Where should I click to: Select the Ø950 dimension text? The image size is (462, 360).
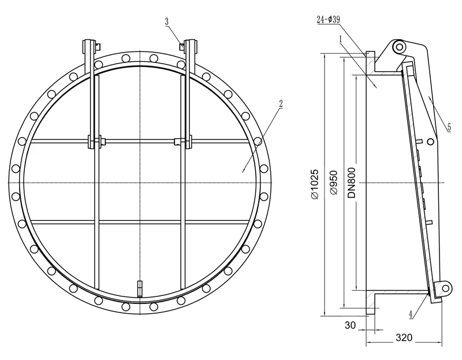click(x=333, y=184)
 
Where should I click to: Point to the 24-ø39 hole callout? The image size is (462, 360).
click(x=328, y=19)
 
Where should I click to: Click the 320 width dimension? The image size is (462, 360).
click(x=404, y=337)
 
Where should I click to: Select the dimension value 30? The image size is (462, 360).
click(x=350, y=325)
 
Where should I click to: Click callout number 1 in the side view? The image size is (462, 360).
click(x=341, y=38)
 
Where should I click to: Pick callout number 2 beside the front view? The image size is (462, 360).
click(x=281, y=104)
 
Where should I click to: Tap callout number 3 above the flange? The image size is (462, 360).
click(x=167, y=21)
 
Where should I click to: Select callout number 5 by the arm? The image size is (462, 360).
click(x=449, y=127)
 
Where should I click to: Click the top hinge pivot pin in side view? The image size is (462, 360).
click(x=398, y=48)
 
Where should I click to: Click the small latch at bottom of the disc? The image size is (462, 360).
click(x=139, y=287)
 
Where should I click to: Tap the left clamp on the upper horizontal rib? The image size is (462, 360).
click(x=94, y=140)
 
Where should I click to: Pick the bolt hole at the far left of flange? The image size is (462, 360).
click(x=15, y=183)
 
